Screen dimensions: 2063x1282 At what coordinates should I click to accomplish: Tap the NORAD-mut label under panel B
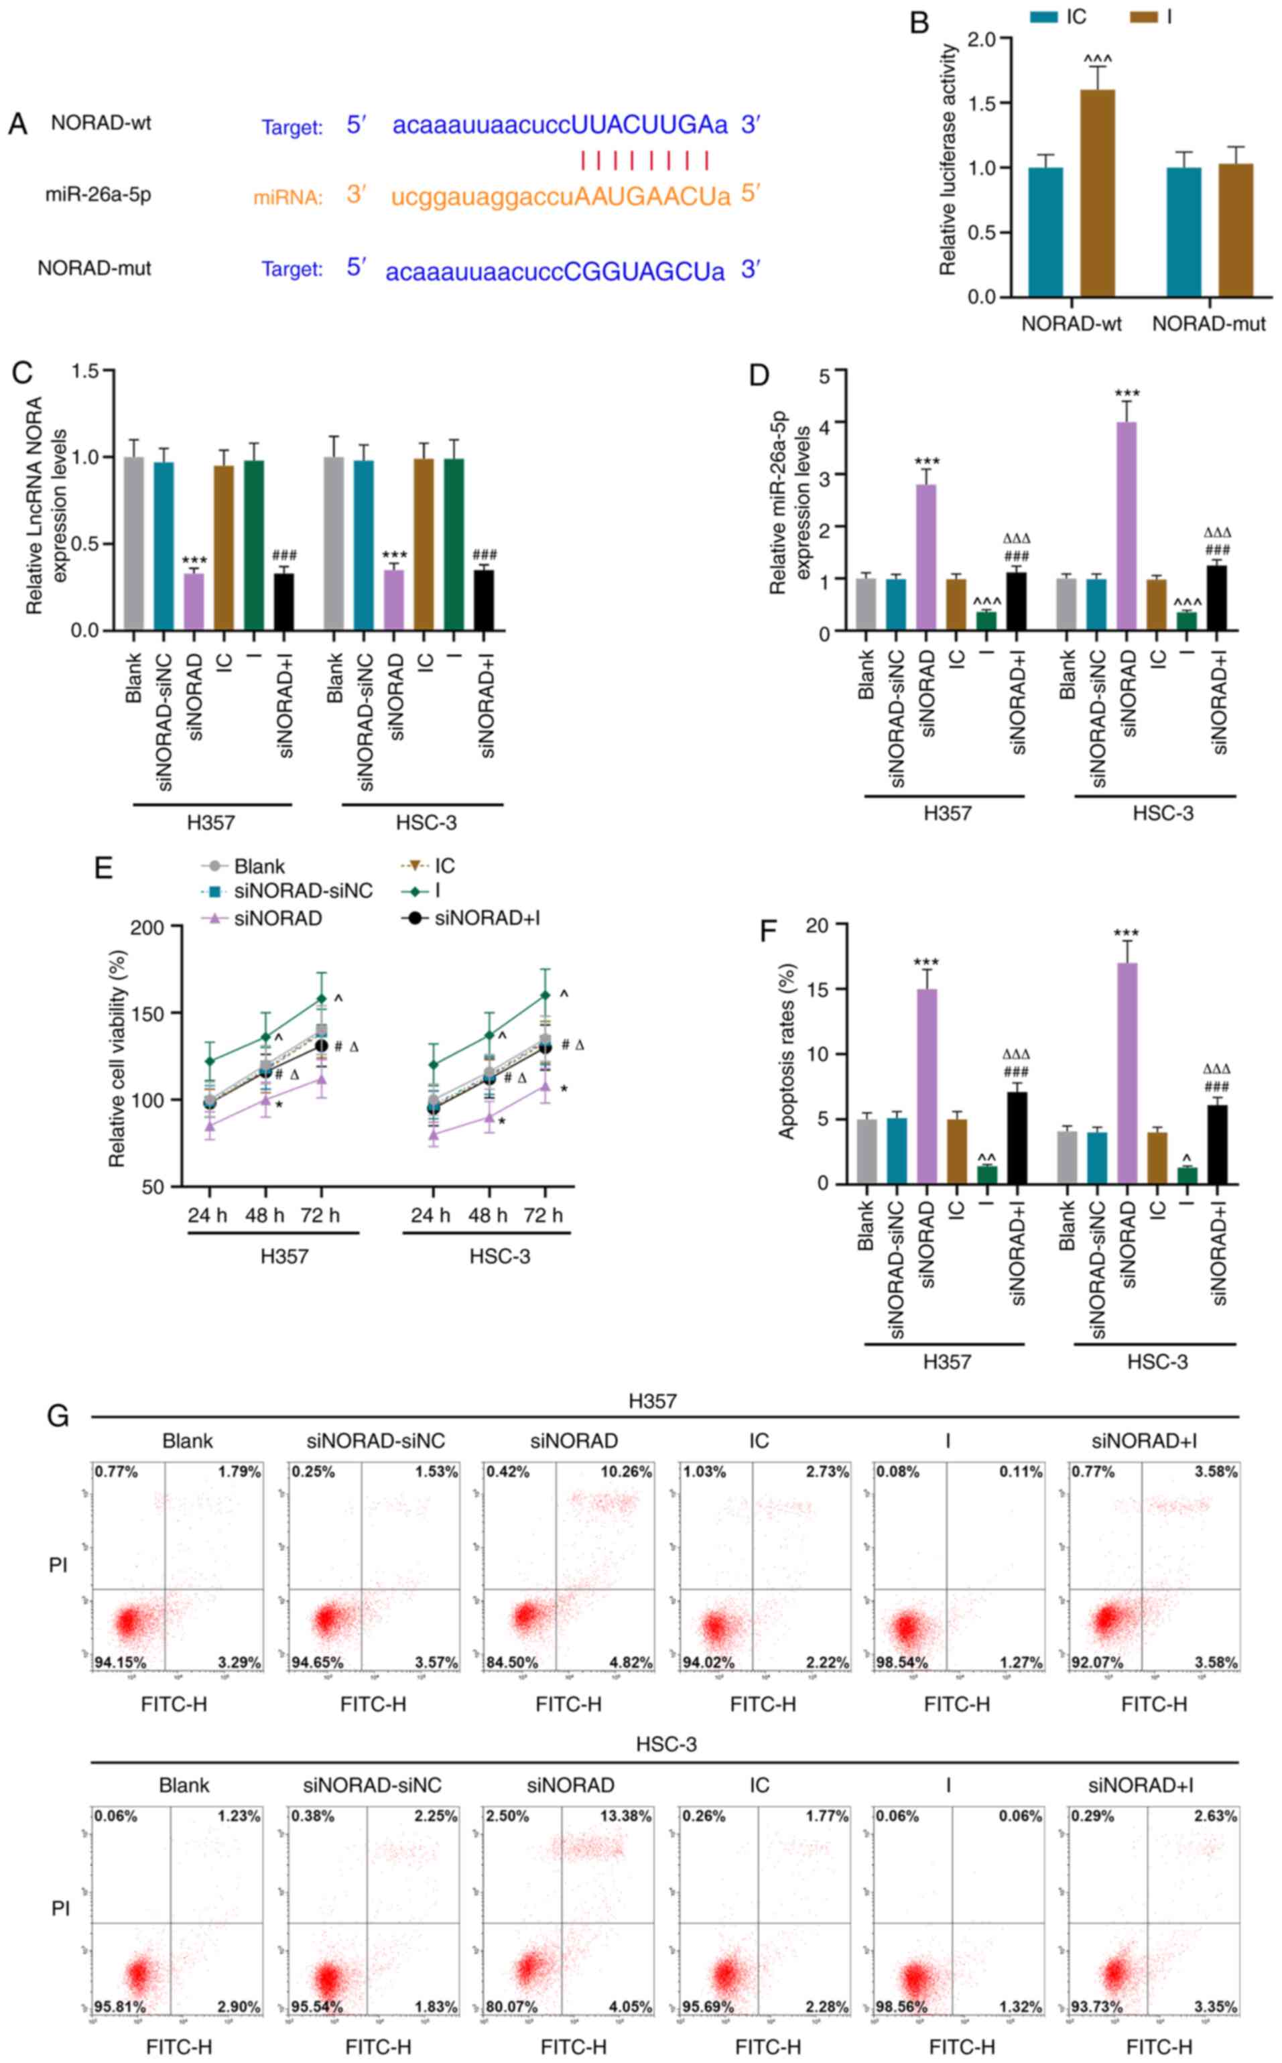pos(1208,324)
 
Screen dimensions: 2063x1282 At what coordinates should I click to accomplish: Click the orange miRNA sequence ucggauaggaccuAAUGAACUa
pos(560,198)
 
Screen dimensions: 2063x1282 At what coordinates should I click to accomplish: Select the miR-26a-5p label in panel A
pos(99,195)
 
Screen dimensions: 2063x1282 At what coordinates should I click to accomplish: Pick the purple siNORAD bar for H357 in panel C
pos(194,602)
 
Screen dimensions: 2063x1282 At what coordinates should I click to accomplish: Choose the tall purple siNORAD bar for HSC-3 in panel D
pos(1127,525)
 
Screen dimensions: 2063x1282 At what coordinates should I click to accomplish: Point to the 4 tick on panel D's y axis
pos(825,422)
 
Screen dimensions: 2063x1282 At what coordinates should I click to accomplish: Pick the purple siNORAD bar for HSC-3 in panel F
pos(1127,1072)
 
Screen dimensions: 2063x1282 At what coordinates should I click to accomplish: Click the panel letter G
pos(58,1416)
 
